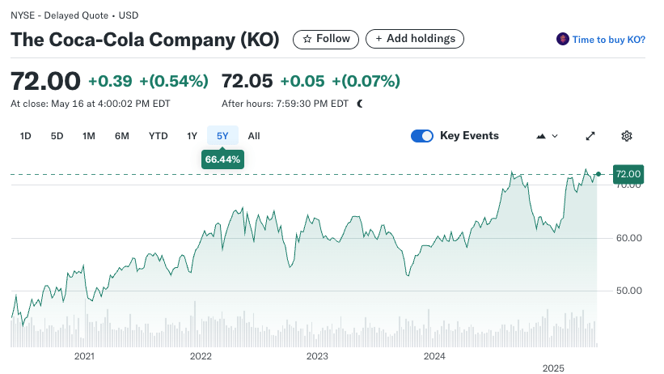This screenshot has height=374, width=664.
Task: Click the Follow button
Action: [x=326, y=39]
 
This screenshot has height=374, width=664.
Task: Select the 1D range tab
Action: [x=25, y=136]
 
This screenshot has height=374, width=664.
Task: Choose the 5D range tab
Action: [x=57, y=136]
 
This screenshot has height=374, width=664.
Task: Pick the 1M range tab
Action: [x=89, y=136]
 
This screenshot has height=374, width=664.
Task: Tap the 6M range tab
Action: [x=122, y=136]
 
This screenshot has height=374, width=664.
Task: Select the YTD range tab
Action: [x=158, y=136]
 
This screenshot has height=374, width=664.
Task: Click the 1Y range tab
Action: [x=192, y=136]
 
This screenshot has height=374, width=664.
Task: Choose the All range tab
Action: [x=254, y=136]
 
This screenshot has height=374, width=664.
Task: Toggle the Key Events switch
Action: [x=422, y=136]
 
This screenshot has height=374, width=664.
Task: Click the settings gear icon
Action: [x=626, y=136]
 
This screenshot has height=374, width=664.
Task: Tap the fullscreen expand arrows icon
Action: [x=590, y=136]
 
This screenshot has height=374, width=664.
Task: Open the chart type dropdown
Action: [x=548, y=136]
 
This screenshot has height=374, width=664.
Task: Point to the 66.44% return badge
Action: [x=222, y=159]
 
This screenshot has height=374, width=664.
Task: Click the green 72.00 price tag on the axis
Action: [x=628, y=174]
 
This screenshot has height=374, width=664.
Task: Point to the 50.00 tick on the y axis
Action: [x=628, y=291]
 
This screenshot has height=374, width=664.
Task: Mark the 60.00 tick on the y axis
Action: [x=628, y=238]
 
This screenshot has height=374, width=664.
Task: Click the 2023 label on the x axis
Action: [x=317, y=356]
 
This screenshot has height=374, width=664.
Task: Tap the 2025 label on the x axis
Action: [x=552, y=368]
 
